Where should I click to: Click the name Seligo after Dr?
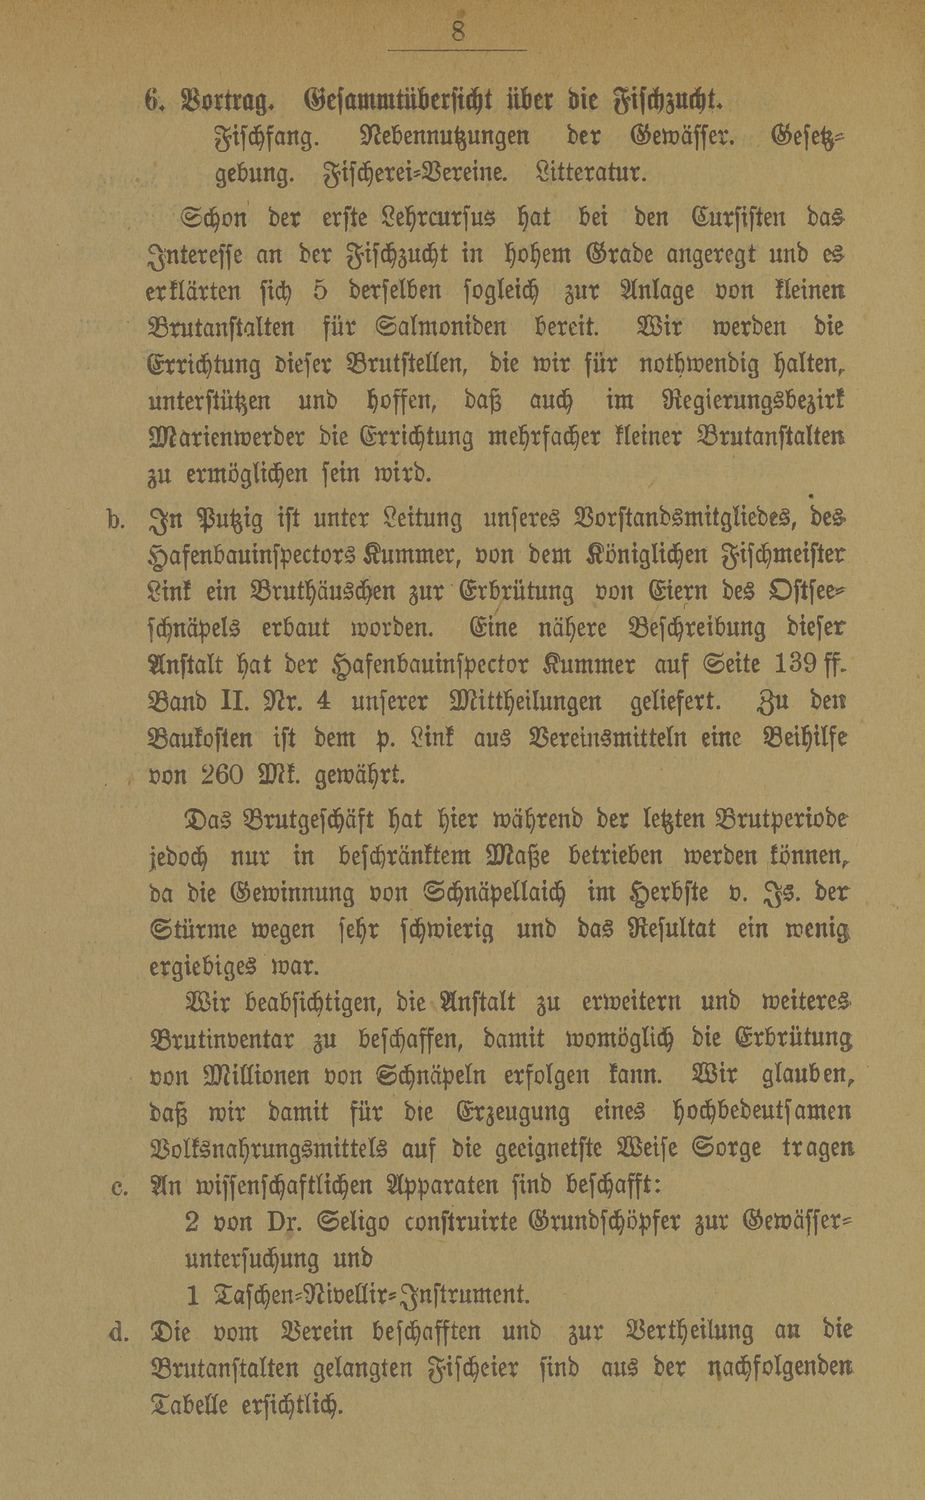click(353, 1223)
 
